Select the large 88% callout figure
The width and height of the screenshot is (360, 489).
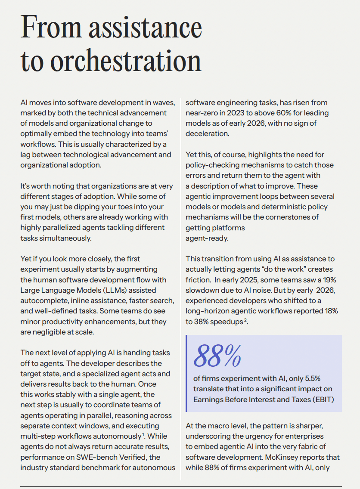(x=217, y=355)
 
